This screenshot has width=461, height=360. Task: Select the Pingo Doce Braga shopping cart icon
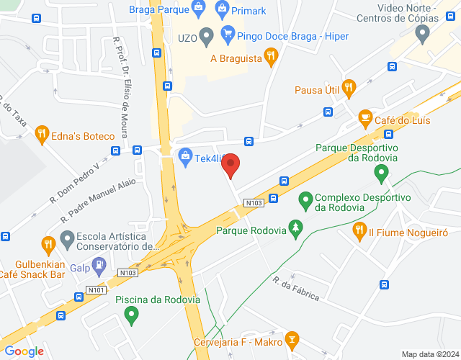(x=228, y=34)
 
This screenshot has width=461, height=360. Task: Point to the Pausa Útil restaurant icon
(x=349, y=89)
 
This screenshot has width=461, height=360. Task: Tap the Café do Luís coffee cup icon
(x=365, y=117)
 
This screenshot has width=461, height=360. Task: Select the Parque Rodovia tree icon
(x=295, y=229)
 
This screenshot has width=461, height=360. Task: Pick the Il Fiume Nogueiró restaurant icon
(x=359, y=230)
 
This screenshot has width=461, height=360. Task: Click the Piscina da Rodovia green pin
(x=131, y=314)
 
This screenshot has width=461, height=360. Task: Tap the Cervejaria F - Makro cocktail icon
(x=292, y=338)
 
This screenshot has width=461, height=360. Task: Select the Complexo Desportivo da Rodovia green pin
(x=305, y=198)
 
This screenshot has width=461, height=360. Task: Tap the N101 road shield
(x=96, y=290)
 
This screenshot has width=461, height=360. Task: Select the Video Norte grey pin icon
(x=422, y=31)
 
